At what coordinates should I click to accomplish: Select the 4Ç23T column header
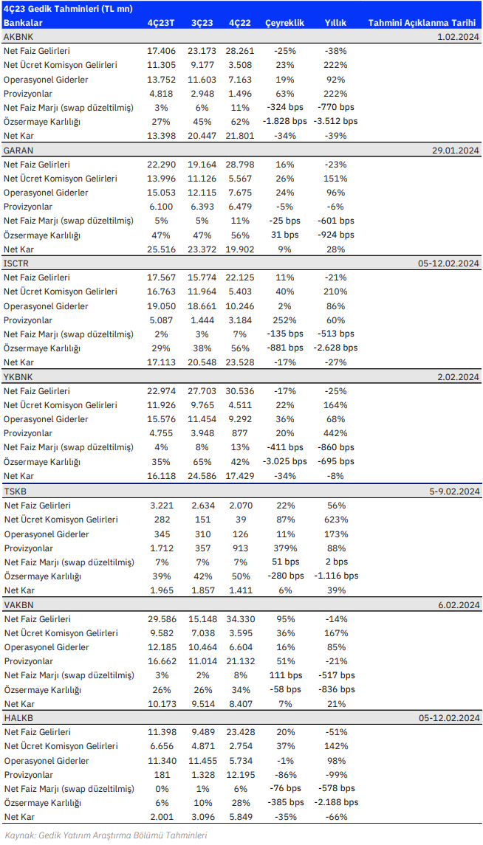click(161, 23)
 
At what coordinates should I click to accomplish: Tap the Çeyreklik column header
click(284, 23)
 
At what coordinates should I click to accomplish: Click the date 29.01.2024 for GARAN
click(458, 151)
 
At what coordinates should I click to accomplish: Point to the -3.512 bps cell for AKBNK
click(335, 121)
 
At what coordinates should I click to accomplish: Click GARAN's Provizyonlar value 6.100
click(161, 207)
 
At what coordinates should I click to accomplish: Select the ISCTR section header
click(16, 263)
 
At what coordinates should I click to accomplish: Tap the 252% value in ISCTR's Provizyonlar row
click(284, 320)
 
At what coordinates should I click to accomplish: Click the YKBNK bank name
click(18, 376)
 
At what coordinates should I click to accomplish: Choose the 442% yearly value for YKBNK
click(335, 432)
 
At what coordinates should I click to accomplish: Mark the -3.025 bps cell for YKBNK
click(284, 461)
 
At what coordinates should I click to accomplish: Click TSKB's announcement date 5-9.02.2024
click(455, 491)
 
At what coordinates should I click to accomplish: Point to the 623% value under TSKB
click(335, 520)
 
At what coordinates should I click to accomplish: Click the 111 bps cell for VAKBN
click(284, 675)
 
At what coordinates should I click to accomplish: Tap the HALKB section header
click(17, 718)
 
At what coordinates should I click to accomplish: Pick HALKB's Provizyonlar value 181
click(161, 774)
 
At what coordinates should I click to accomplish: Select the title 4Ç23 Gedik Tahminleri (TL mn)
click(68, 9)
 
